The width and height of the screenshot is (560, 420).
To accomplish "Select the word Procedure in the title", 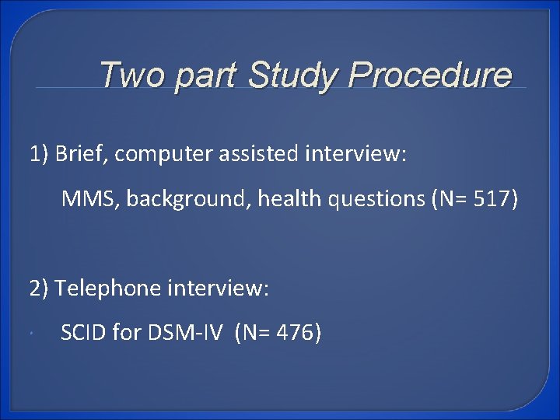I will [x=430, y=75].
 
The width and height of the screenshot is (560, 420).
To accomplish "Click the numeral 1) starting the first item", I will [x=40, y=155].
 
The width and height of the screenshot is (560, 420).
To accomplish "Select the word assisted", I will [x=250, y=155].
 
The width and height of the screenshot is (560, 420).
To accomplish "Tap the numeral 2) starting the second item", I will [x=40, y=289].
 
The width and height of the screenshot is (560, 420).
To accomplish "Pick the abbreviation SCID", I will [x=83, y=334].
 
